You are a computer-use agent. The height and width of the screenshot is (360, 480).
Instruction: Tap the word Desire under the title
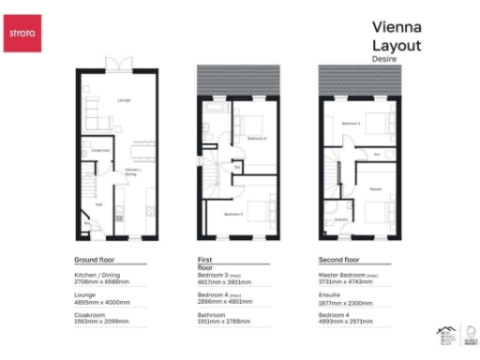(x=383, y=57)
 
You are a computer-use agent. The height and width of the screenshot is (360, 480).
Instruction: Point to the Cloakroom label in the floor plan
(x=100, y=150)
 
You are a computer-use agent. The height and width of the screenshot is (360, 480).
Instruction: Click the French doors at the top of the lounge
(x=118, y=63)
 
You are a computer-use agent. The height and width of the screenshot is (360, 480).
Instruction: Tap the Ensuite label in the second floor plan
(x=341, y=219)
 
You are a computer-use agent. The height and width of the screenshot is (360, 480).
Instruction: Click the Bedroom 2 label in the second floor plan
(x=352, y=123)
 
